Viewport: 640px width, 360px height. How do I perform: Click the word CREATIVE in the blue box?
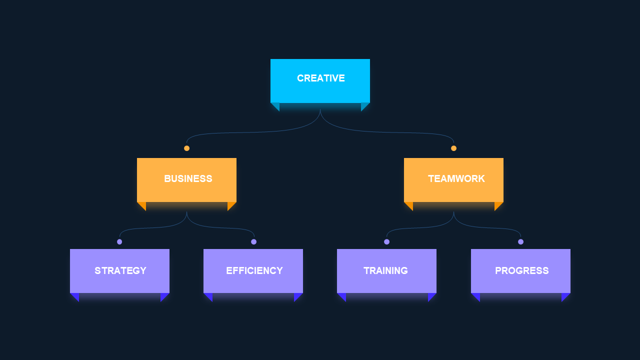[321, 78]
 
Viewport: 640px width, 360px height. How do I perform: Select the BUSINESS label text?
[188, 178]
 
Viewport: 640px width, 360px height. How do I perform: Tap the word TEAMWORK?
[456, 178]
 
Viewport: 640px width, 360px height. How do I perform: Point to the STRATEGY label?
[120, 270]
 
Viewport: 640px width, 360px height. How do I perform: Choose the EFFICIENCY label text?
[254, 270]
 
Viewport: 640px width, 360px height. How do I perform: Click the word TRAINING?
[385, 270]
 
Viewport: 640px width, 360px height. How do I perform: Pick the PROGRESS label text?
[521, 270]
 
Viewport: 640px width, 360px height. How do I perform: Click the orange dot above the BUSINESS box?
[186, 148]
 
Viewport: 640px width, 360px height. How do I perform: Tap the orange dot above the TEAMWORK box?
[453, 148]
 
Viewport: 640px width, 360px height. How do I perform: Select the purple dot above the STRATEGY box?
[119, 241]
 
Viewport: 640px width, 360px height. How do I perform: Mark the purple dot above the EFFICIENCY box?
[253, 241]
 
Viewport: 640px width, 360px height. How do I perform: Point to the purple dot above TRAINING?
[386, 241]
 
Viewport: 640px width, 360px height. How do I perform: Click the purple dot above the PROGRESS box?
[520, 241]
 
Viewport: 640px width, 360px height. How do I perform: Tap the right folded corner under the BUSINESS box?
[230, 205]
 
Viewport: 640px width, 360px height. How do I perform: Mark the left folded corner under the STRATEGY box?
[75, 296]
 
